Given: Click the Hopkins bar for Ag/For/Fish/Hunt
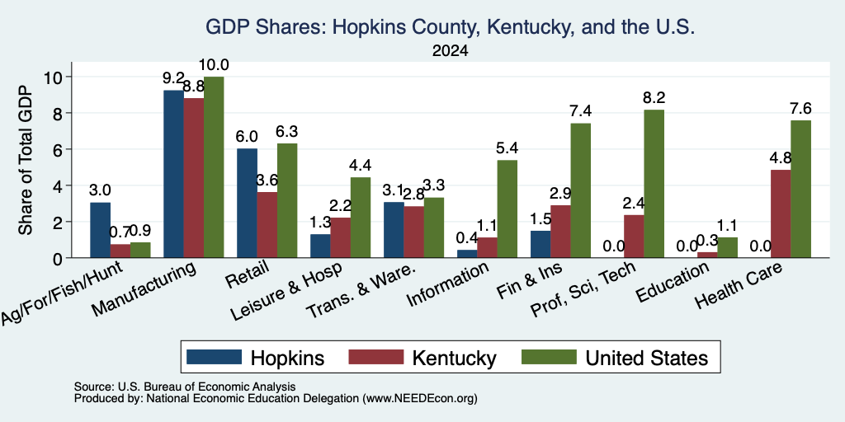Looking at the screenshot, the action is tap(100, 231).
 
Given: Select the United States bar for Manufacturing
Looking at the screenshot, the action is tap(214, 167).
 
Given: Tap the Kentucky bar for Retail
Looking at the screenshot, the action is tap(267, 225).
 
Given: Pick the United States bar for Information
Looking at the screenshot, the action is tap(507, 209).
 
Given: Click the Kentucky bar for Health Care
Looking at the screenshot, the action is tap(781, 213).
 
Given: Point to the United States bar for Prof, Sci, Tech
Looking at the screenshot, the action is tap(654, 184).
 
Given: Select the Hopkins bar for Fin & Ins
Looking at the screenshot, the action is tap(541, 244).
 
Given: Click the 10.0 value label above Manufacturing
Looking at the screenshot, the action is tap(214, 65).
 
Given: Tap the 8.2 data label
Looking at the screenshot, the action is tap(654, 98).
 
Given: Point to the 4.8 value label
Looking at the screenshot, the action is tap(781, 158).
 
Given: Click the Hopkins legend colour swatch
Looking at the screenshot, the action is tap(214, 357).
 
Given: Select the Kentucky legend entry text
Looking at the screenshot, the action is tap(455, 358).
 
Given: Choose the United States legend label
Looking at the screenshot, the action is tap(647, 358).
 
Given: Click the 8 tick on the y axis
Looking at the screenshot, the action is tap(60, 113).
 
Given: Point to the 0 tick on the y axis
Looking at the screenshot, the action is tap(60, 258).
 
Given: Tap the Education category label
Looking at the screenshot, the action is tap(673, 283).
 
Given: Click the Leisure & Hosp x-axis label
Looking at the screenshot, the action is tap(286, 293).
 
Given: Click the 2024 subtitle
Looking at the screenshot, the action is tap(450, 51).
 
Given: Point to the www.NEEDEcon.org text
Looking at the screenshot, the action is tap(420, 399).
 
